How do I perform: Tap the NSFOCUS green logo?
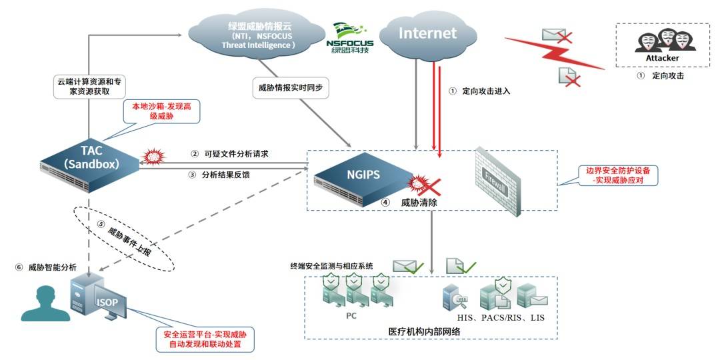(x=349, y=37)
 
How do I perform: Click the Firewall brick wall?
(x=499, y=181)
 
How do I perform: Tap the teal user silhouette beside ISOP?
(x=45, y=303)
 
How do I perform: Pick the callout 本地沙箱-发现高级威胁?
(x=161, y=111)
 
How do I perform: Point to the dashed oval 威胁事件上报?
(x=125, y=238)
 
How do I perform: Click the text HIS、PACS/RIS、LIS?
(x=501, y=317)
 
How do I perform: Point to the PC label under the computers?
(x=351, y=316)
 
